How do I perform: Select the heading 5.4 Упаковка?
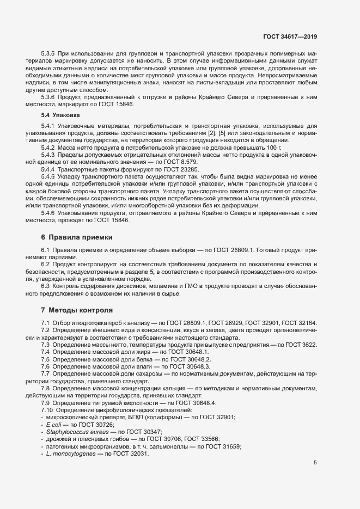60,116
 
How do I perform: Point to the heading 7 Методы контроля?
76,310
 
